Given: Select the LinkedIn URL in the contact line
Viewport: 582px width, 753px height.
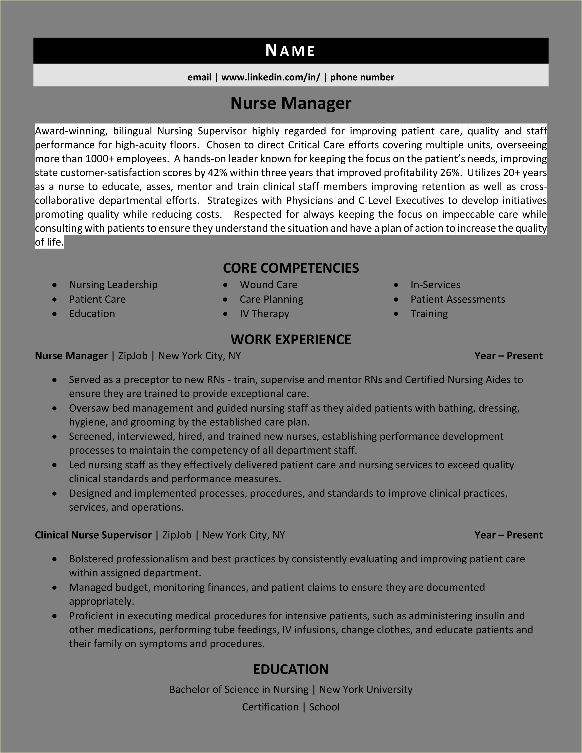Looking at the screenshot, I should (x=271, y=77).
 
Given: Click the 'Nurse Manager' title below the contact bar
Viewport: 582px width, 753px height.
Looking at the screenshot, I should (x=291, y=103).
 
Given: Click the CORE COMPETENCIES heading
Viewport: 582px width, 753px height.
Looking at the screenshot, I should (x=291, y=268).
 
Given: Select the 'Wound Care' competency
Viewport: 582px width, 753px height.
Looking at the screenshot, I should (x=268, y=285).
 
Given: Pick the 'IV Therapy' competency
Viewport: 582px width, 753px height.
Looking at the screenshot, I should (x=264, y=314).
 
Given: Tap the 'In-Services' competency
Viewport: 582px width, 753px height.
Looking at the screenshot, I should (x=435, y=285).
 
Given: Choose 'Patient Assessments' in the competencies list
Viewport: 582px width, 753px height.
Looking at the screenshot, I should (x=458, y=299).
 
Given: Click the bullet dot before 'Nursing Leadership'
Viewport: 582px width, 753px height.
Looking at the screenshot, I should (x=54, y=285).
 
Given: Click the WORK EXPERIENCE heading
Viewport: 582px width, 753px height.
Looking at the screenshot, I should (x=291, y=340).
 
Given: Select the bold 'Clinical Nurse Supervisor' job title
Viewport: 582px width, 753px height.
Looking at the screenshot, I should (x=93, y=535).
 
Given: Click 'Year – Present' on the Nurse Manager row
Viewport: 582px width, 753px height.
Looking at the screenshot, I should (x=508, y=356).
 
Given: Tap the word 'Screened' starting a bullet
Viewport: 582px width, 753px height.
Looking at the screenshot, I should (x=91, y=436).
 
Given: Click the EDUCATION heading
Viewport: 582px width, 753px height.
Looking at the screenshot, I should (x=291, y=669).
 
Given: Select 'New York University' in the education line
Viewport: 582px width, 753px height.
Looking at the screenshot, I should (x=366, y=689).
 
